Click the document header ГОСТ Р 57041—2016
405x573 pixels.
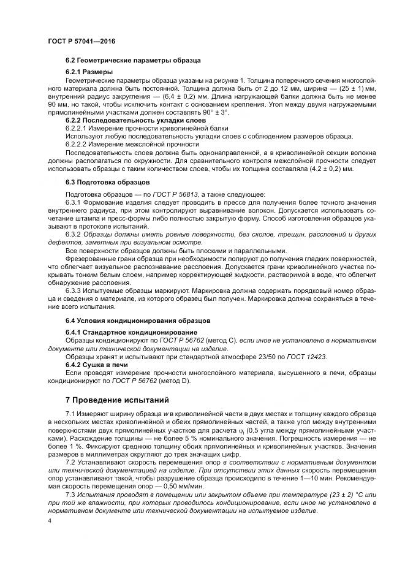(x=81, y=41)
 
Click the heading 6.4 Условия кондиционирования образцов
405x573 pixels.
(x=138, y=321)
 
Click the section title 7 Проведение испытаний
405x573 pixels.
(x=116, y=401)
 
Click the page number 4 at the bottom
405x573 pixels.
(x=49, y=520)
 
